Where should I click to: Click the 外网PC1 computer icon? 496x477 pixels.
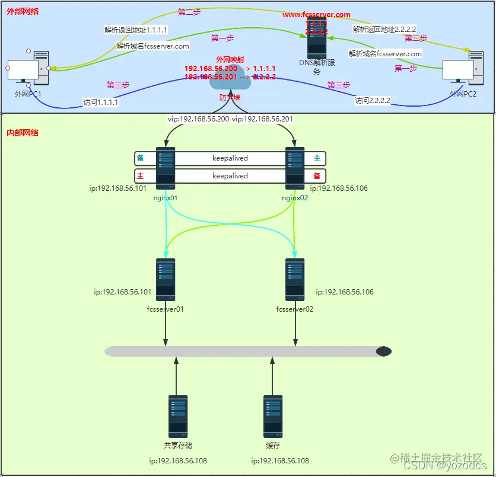tap(27, 69)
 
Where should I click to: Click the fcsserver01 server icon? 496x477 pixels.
tap(166, 280)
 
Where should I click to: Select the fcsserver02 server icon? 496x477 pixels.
tap(295, 280)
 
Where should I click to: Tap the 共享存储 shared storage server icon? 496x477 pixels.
tap(177, 416)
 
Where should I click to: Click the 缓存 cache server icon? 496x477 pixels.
tap(272, 416)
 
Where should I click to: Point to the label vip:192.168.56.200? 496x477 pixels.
tap(198, 119)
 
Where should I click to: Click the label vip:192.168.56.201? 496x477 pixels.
tap(262, 119)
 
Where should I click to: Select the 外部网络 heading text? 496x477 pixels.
tap(23, 11)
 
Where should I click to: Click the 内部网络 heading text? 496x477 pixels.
tap(23, 133)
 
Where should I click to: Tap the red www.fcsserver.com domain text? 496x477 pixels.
tap(316, 14)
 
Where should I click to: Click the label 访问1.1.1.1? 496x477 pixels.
tap(101, 102)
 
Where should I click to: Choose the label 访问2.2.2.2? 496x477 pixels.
tap(373, 101)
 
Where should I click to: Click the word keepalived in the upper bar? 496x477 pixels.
tap(230, 158)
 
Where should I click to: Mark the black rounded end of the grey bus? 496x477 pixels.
tap(384, 351)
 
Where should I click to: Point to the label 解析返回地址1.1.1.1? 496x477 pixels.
tap(135, 29)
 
